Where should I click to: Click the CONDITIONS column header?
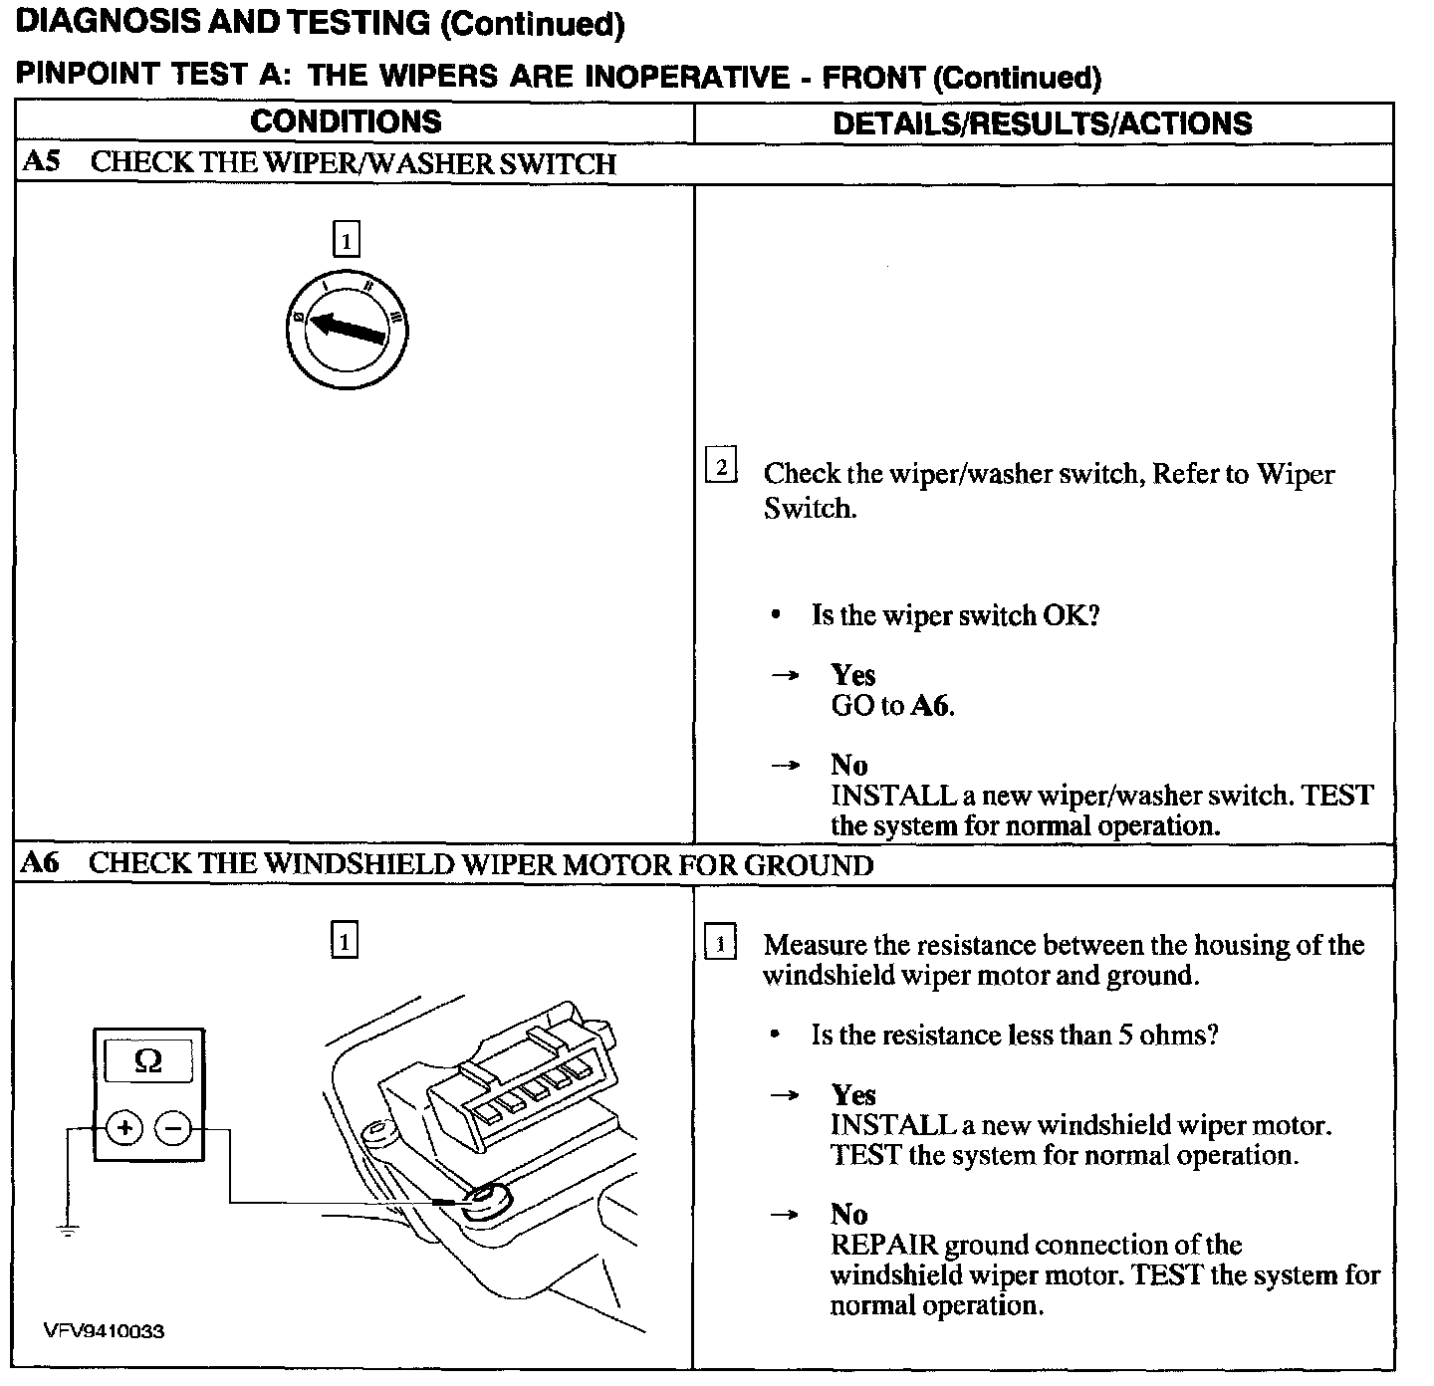[346, 122]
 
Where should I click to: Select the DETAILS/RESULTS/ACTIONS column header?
[1042, 123]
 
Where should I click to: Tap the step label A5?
[40, 162]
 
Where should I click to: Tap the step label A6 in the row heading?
[40, 863]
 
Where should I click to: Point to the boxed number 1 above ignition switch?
[346, 240]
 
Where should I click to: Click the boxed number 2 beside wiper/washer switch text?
[720, 466]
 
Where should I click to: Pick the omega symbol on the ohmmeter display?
[147, 1061]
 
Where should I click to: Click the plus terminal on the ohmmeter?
[124, 1128]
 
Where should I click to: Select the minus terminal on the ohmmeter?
[173, 1128]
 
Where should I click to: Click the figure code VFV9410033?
[104, 1331]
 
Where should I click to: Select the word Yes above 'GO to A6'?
[853, 675]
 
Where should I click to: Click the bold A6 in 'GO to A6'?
[932, 706]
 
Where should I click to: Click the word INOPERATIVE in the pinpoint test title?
[686, 77]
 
